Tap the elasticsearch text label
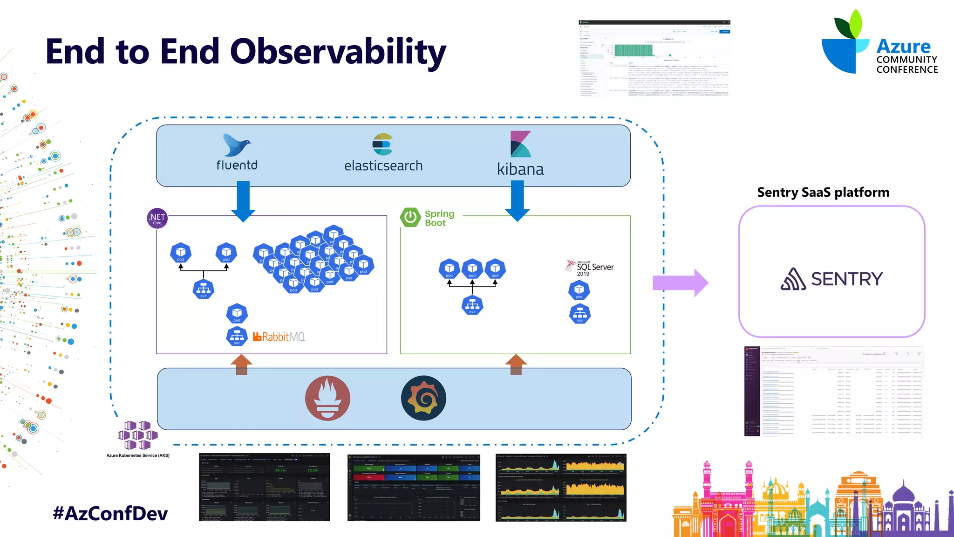(x=383, y=166)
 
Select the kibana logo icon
(x=520, y=144)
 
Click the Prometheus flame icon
(x=327, y=398)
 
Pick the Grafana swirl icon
(x=423, y=398)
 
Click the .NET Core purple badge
(x=157, y=218)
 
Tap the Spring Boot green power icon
(x=410, y=217)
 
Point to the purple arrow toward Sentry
(x=680, y=283)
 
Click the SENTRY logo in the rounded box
(x=831, y=279)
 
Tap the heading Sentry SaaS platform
(x=823, y=192)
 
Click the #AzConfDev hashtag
(x=110, y=513)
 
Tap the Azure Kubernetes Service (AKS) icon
(x=137, y=435)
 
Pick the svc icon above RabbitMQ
(x=237, y=336)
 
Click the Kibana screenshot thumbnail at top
(x=654, y=58)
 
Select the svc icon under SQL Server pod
(x=579, y=314)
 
